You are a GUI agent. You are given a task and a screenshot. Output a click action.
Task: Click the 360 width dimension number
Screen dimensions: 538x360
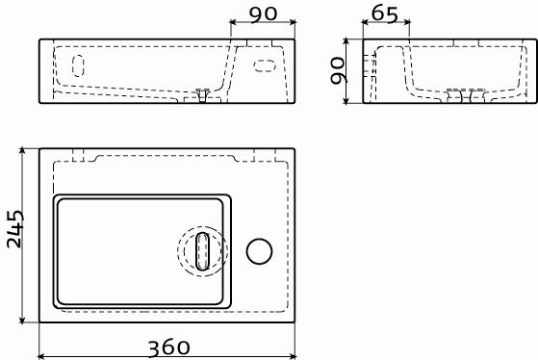(x=168, y=347)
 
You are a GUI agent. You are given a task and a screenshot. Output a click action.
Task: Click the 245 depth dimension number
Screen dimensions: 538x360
(x=15, y=229)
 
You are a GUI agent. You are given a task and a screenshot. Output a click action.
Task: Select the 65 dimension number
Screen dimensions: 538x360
(x=385, y=14)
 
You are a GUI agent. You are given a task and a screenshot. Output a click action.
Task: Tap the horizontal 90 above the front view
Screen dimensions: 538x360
(x=263, y=14)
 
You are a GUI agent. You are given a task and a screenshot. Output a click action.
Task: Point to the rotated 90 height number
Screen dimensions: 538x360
(x=337, y=70)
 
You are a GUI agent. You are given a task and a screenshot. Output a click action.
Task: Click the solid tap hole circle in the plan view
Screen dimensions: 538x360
(x=260, y=251)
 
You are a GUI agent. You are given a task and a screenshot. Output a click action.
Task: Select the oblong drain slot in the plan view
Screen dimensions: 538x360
(x=202, y=251)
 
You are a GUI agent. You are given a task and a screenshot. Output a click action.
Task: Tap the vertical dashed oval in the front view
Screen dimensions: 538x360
(x=78, y=65)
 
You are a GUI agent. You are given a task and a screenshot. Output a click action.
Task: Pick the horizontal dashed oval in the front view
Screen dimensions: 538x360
(x=265, y=65)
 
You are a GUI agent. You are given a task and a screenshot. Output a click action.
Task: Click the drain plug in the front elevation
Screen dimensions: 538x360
(x=202, y=95)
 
